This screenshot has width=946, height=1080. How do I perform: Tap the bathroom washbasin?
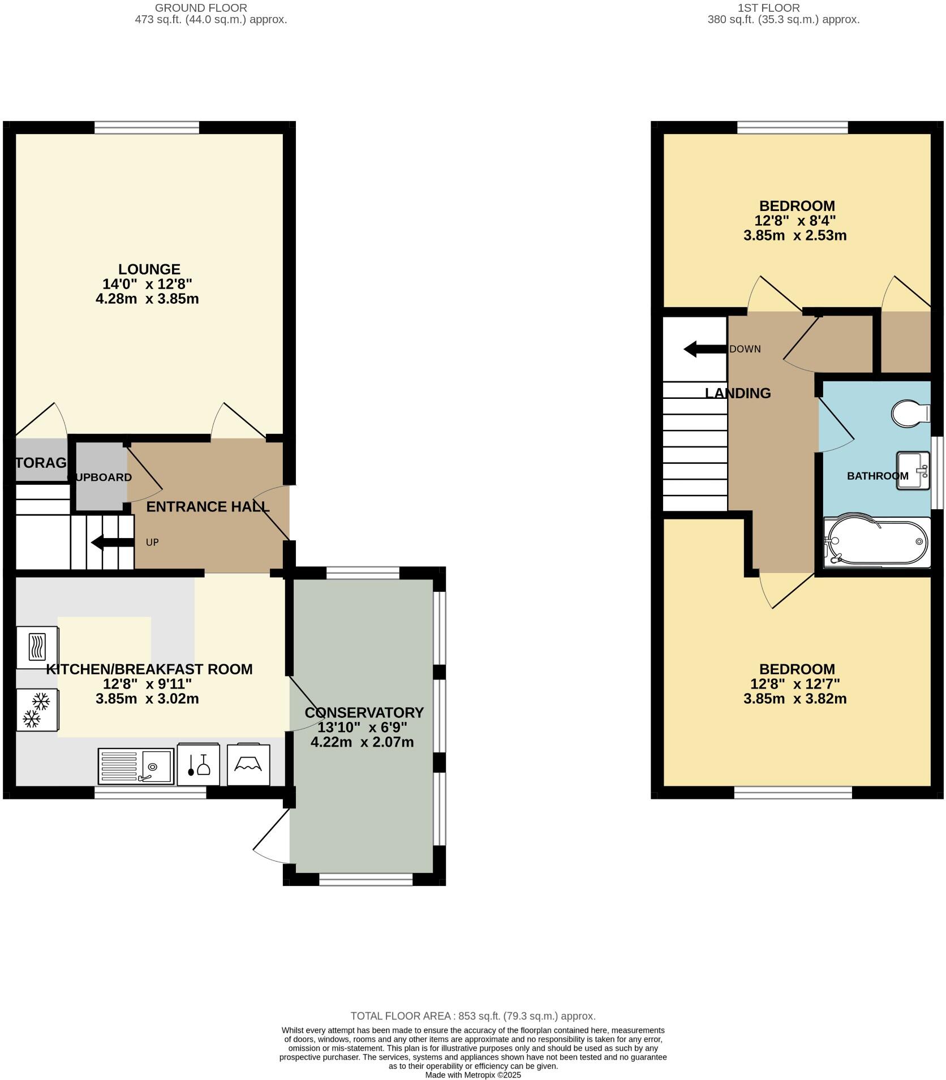[x=913, y=470]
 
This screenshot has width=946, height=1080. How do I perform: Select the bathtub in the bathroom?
[x=877, y=542]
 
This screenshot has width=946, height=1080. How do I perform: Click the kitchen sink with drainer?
[x=136, y=766]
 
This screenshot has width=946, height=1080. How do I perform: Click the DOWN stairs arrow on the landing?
[x=704, y=349]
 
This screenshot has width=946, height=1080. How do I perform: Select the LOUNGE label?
[x=149, y=269]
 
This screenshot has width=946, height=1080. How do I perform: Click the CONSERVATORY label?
[x=364, y=712]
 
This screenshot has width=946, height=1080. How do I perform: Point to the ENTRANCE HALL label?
[x=208, y=506]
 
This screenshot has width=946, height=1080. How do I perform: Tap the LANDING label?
[x=738, y=393]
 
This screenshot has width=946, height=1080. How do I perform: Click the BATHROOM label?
[x=877, y=476]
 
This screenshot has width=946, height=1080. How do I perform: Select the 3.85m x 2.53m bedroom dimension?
[x=795, y=235]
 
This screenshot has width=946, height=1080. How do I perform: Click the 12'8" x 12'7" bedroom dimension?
[x=795, y=683]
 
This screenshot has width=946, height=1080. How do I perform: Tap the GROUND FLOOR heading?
[x=201, y=8]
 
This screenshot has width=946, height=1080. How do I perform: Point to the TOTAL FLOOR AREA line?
[x=473, y=1016]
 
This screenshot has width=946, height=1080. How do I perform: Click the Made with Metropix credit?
[x=473, y=1075]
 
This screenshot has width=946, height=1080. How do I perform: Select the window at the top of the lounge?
[x=147, y=128]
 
